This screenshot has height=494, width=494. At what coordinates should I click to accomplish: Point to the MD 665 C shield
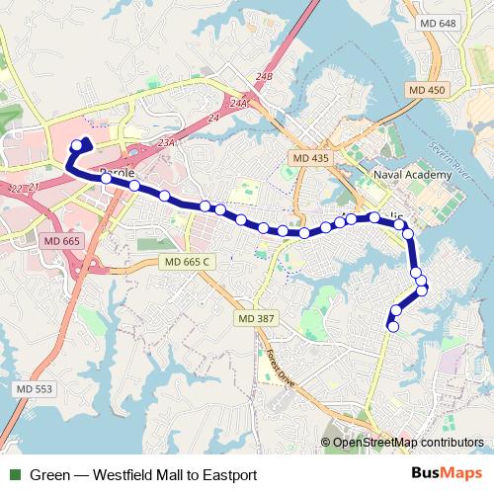(185, 262)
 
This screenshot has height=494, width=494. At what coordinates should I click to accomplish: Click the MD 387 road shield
(255, 318)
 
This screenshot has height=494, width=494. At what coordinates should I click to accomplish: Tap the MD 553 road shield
(35, 389)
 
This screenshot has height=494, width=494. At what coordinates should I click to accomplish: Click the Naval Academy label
(413, 175)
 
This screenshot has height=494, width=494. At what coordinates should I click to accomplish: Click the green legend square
(15, 475)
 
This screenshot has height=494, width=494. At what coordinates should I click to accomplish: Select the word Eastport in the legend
(229, 475)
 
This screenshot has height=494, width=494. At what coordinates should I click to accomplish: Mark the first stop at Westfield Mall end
(76, 145)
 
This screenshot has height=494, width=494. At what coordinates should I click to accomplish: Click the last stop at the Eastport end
(393, 326)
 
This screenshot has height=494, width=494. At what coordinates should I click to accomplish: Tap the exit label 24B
(263, 76)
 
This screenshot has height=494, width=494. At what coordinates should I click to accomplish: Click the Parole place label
(117, 172)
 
